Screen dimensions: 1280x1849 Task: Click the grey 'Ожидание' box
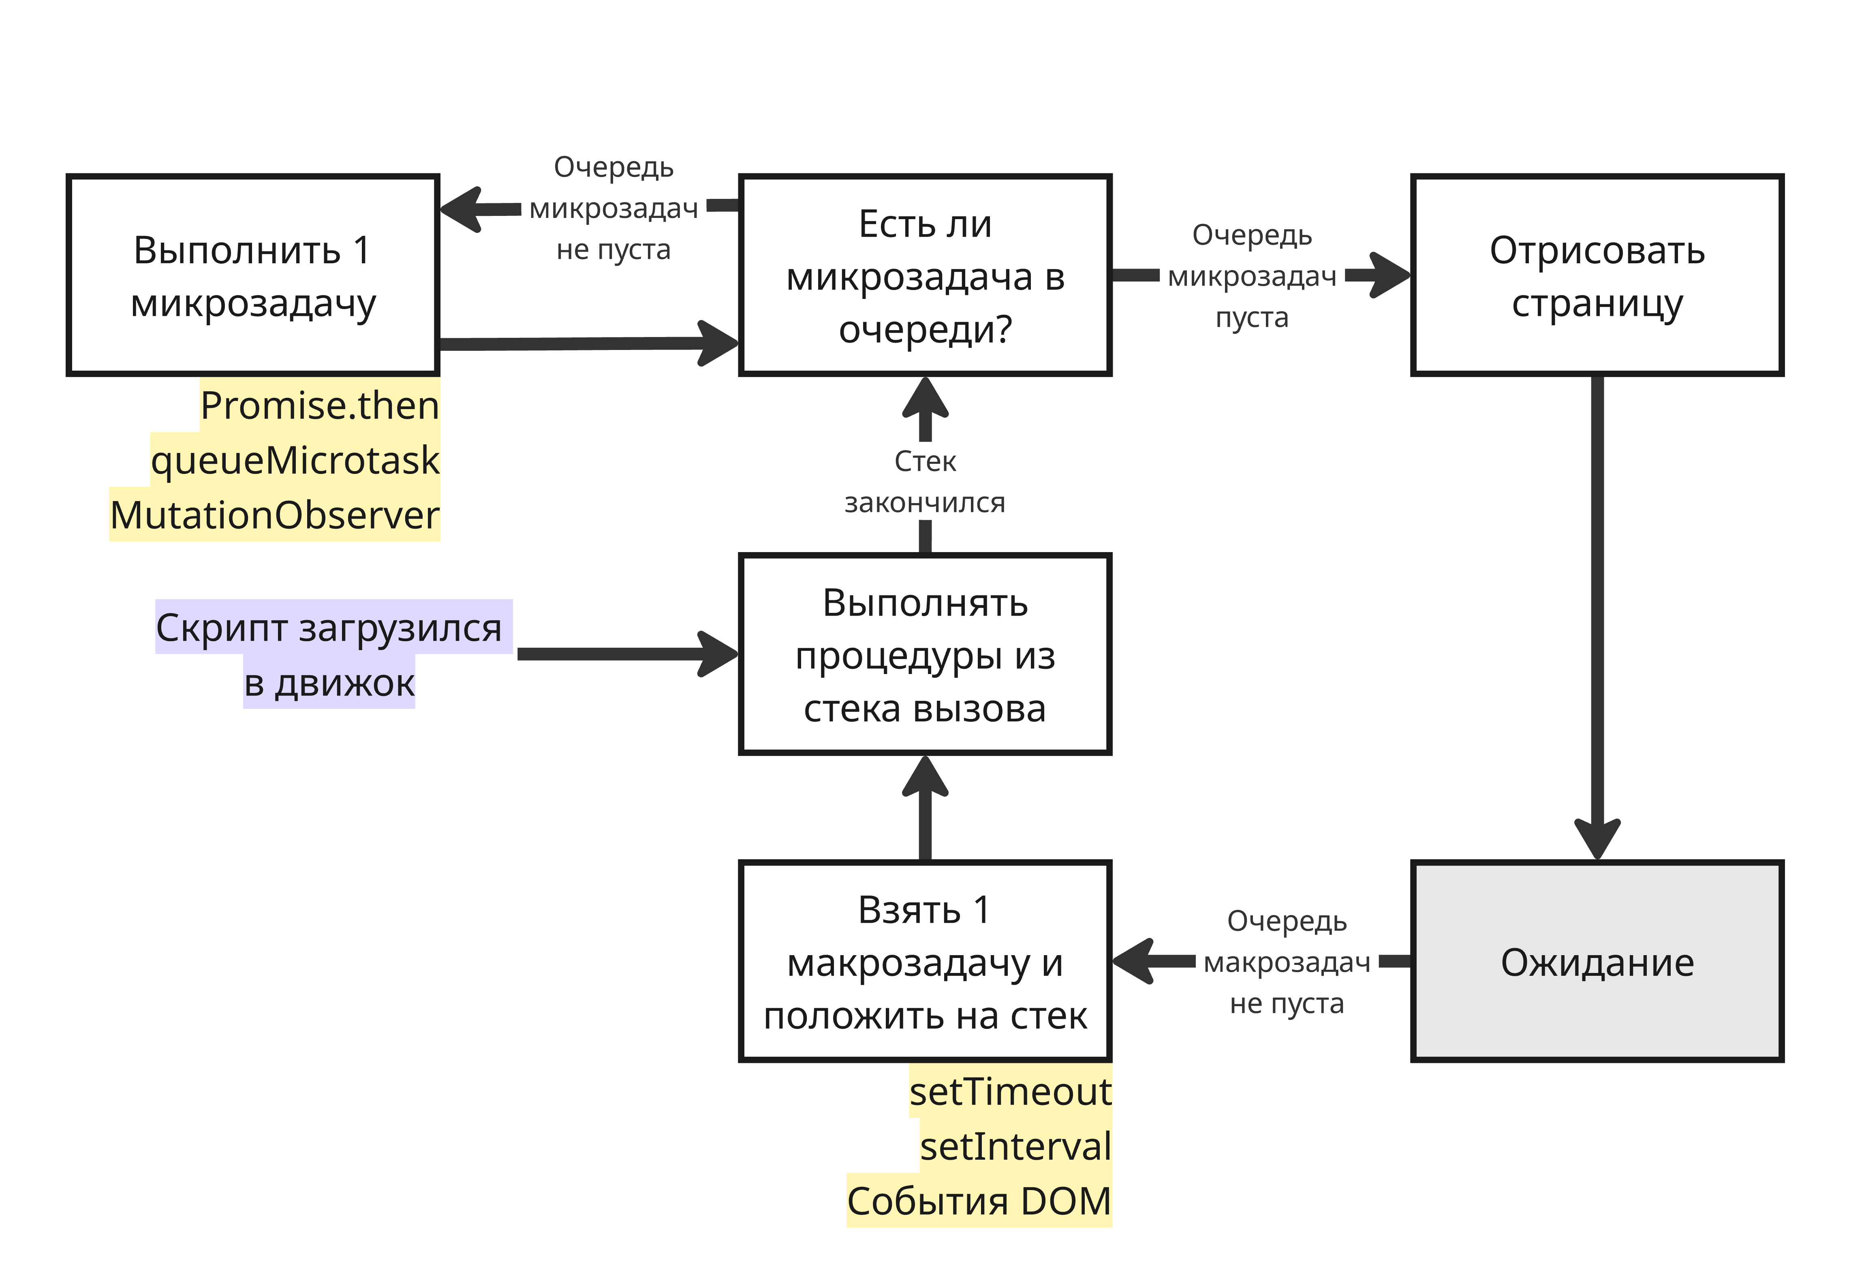tap(1596, 962)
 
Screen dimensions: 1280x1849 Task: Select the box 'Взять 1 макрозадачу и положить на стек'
tap(924, 962)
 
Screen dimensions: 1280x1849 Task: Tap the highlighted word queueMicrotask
tap(295, 460)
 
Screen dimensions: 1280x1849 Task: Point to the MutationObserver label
tap(274, 514)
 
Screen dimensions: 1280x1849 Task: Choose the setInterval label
tap(1015, 1146)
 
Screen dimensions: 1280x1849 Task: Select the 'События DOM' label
tap(979, 1201)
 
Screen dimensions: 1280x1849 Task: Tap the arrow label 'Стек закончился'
tap(924, 482)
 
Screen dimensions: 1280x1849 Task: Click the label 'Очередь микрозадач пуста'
tap(1251, 276)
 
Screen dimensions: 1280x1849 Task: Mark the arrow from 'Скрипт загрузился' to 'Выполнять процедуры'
tap(626, 655)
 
